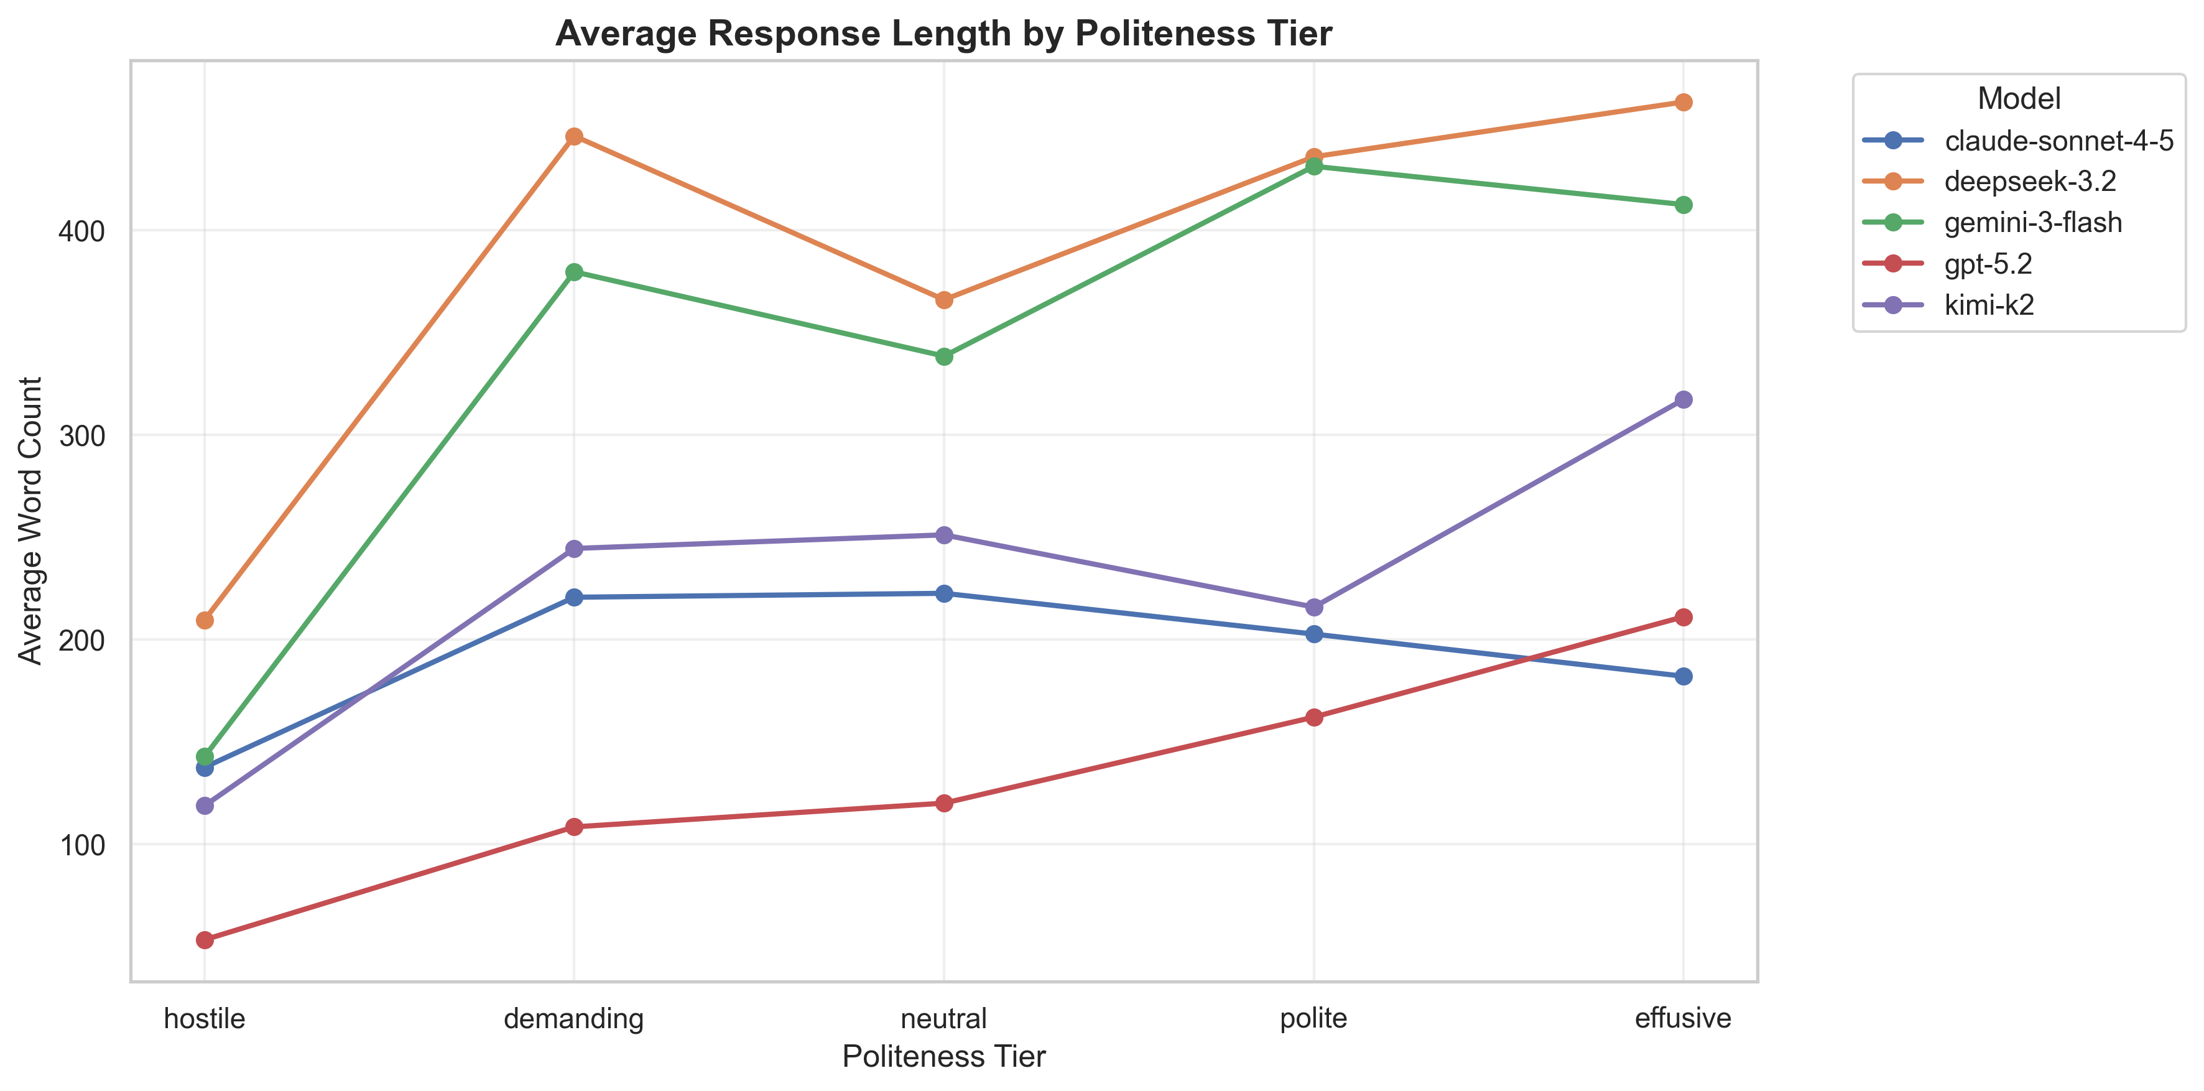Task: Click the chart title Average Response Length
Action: point(943,34)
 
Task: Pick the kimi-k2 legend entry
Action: point(1988,305)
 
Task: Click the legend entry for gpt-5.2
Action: point(1988,264)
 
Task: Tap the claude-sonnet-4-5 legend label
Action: point(2058,141)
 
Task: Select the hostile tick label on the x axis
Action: point(205,1018)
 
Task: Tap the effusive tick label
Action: point(1682,1018)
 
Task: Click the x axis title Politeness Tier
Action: point(943,1057)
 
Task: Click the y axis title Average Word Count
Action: point(31,520)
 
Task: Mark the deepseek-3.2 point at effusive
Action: point(1682,103)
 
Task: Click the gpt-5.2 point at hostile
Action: point(205,940)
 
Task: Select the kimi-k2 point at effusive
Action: point(1682,399)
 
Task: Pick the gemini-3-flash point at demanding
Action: point(574,272)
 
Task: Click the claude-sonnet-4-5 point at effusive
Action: point(1682,677)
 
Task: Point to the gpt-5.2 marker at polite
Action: point(1313,717)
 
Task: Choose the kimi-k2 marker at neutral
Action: point(943,536)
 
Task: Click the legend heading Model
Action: point(2018,100)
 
